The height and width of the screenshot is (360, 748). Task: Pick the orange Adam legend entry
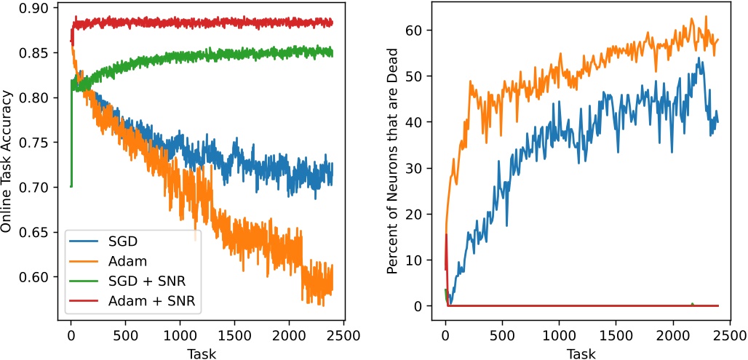click(114, 260)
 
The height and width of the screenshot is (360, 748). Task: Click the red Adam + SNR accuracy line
click(218, 23)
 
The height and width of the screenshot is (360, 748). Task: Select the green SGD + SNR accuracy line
click(218, 57)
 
